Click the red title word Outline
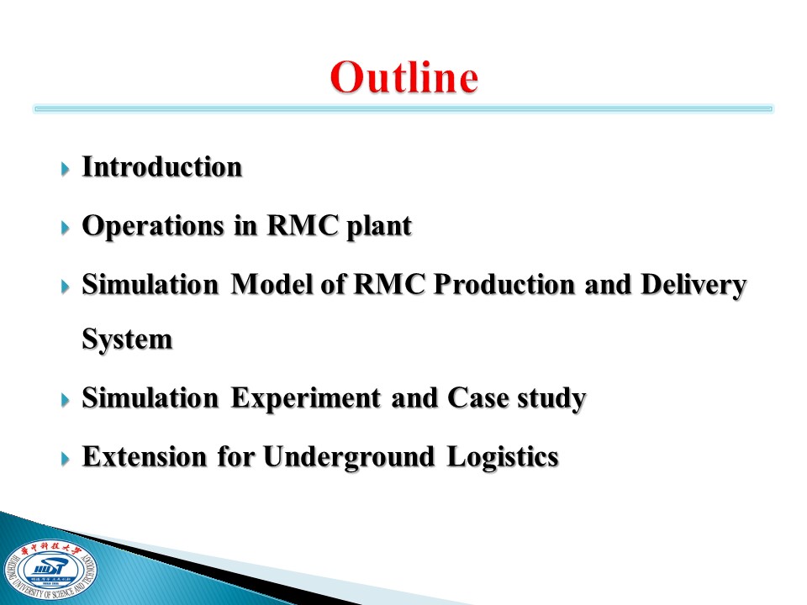point(404,77)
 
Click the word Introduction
point(162,166)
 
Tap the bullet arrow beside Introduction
point(65,169)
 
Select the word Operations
point(153,226)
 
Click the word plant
point(379,226)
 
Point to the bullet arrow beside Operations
point(65,228)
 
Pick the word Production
point(504,284)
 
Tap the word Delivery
point(694,285)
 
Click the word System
point(127,339)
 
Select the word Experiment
point(306,399)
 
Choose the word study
point(551,398)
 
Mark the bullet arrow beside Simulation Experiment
point(65,400)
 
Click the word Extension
point(145,456)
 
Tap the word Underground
point(349,457)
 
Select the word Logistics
point(503,457)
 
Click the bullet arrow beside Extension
point(65,459)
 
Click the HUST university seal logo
point(50,570)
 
